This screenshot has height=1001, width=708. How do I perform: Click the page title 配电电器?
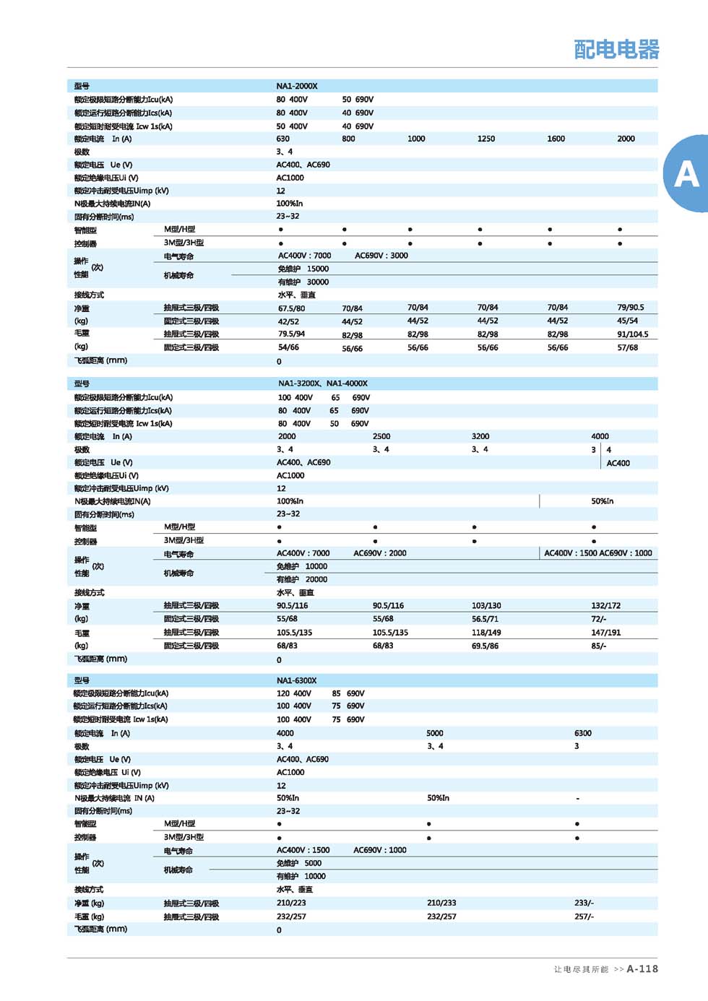(616, 49)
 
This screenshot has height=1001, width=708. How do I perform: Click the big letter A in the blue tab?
(686, 174)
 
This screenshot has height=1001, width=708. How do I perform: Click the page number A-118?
(642, 968)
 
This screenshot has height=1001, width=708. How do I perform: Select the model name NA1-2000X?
(297, 86)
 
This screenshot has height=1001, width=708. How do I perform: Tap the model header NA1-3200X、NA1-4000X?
(323, 383)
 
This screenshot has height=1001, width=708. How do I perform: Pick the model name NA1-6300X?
(297, 680)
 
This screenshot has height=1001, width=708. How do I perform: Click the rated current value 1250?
(486, 139)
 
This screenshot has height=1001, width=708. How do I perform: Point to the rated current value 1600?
(556, 139)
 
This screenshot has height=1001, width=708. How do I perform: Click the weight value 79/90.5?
(631, 308)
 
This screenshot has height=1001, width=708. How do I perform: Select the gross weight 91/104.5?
(633, 334)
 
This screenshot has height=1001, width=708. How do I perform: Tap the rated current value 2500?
(381, 436)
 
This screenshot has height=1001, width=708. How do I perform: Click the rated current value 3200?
(480, 436)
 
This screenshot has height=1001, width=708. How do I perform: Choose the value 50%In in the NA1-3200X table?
(603, 501)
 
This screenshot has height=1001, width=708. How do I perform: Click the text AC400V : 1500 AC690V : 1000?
(598, 553)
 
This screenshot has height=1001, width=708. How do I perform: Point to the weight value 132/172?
(606, 606)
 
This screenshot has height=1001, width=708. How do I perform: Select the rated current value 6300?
(583, 733)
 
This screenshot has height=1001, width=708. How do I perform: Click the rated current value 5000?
(435, 733)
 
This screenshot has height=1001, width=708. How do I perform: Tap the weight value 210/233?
(441, 903)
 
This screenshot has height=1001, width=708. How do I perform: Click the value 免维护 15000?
(303, 269)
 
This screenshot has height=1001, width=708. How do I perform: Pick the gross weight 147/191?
(606, 633)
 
